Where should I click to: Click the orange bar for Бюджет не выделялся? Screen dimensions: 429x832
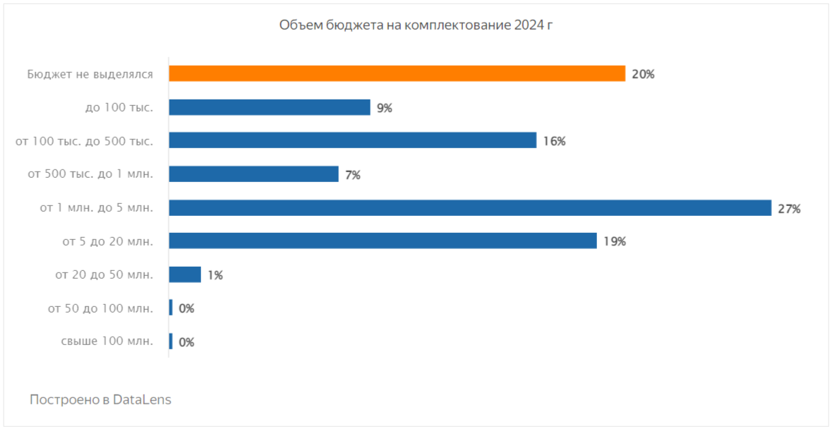point(397,73)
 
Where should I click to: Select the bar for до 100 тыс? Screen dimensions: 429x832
point(270,107)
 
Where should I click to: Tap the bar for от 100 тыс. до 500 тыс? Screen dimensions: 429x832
point(352,140)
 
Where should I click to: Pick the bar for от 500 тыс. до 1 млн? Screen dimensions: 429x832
point(253,174)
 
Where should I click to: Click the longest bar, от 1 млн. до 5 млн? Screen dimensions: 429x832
point(469,208)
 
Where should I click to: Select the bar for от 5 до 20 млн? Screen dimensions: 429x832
point(382,241)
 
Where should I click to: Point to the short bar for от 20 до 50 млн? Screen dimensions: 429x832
point(185,274)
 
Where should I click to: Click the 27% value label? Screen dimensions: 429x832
point(788,209)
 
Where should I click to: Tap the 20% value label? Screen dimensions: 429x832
point(643,74)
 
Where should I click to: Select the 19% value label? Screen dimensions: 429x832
point(614,242)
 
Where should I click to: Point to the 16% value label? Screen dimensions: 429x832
point(554,141)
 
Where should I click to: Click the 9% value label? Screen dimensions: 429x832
point(384,108)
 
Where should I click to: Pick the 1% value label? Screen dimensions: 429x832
point(215,275)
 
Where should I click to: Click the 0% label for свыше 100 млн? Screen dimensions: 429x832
point(186,342)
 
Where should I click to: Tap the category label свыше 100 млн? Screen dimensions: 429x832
point(107,342)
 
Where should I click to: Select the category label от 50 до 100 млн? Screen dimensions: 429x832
point(100,308)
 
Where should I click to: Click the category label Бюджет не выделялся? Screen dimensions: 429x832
point(90,73)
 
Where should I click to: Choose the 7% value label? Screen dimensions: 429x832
point(352,175)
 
